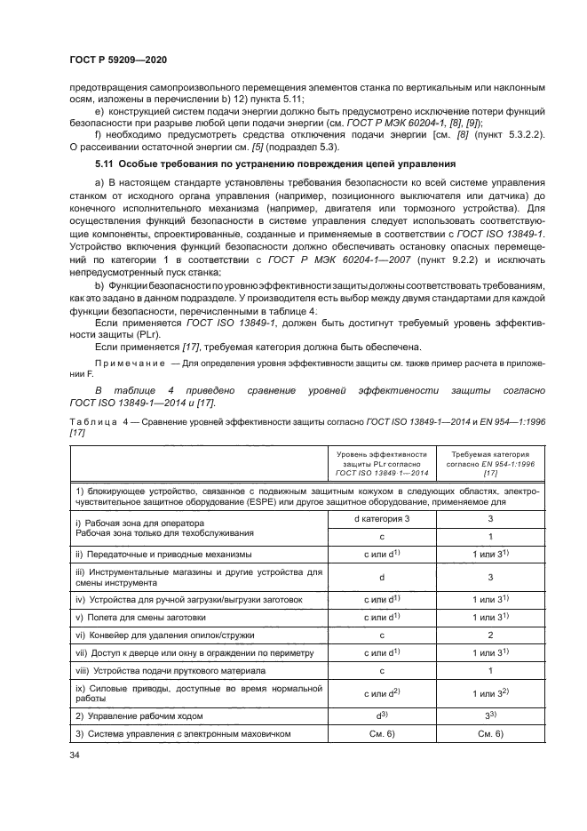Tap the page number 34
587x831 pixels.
(x=74, y=755)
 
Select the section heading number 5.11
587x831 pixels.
(x=107, y=164)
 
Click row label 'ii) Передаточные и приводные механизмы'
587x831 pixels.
(x=163, y=554)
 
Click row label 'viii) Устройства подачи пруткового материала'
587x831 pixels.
(x=171, y=670)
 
